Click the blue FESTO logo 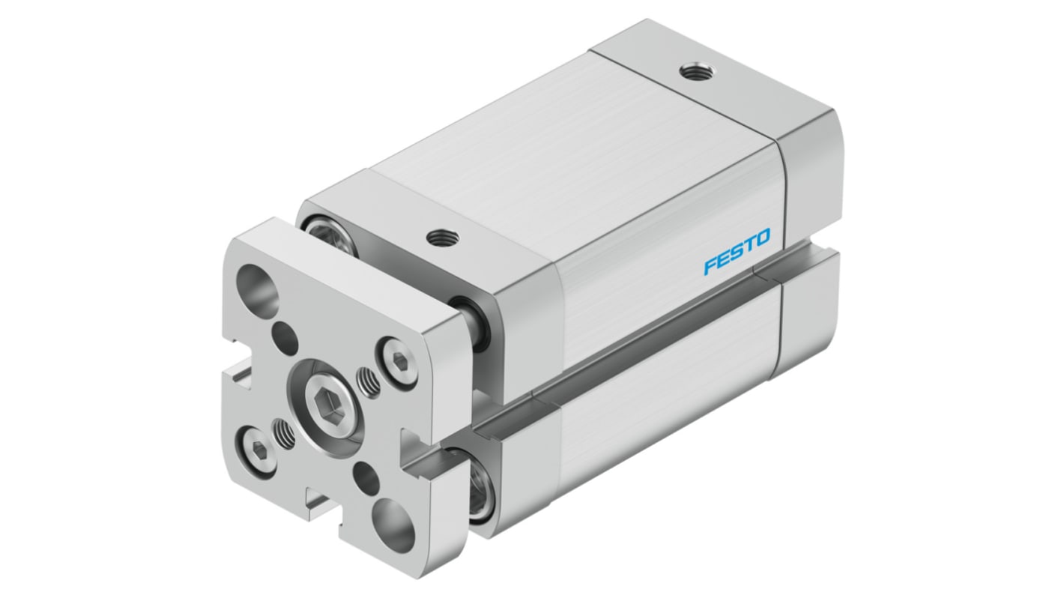(x=737, y=253)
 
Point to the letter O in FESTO (x=761, y=241)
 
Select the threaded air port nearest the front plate (x=437, y=238)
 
